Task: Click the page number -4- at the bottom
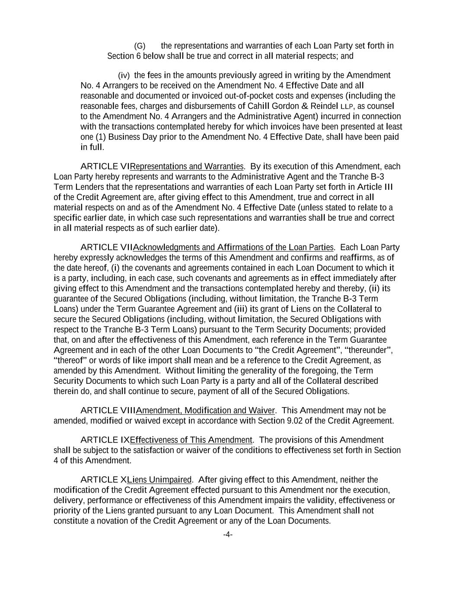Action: click(228, 535)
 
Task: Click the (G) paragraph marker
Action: click(140, 46)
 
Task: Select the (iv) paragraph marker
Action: click(124, 76)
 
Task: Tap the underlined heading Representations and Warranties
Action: click(187, 166)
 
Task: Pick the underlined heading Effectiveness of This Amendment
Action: click(191, 440)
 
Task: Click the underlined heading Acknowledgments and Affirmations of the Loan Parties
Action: click(233, 247)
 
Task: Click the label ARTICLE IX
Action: click(105, 440)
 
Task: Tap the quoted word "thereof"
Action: click(70, 360)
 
